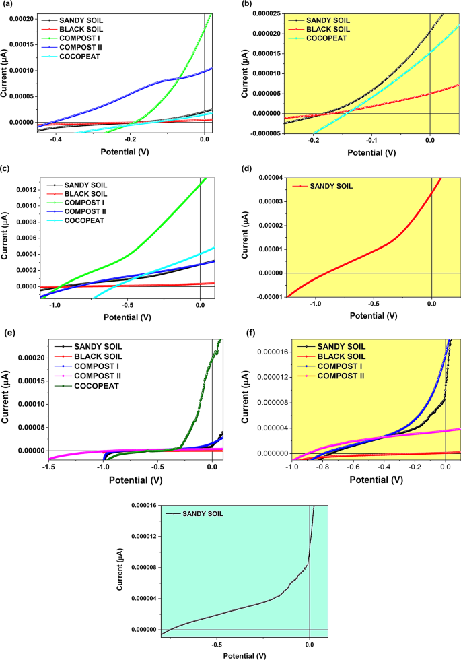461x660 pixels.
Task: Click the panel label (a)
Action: (7, 5)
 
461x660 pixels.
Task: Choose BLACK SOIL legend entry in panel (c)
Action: (82, 193)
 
